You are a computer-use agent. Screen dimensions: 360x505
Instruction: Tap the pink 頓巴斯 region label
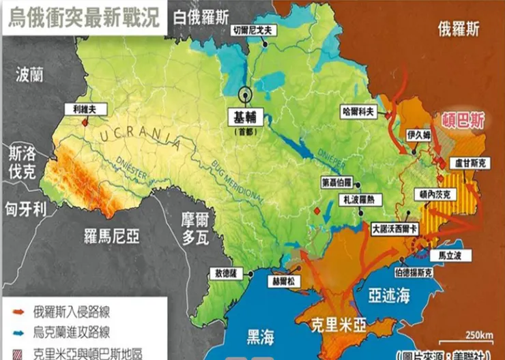click(464, 121)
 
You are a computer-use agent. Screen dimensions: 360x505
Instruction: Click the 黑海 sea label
click(260, 336)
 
